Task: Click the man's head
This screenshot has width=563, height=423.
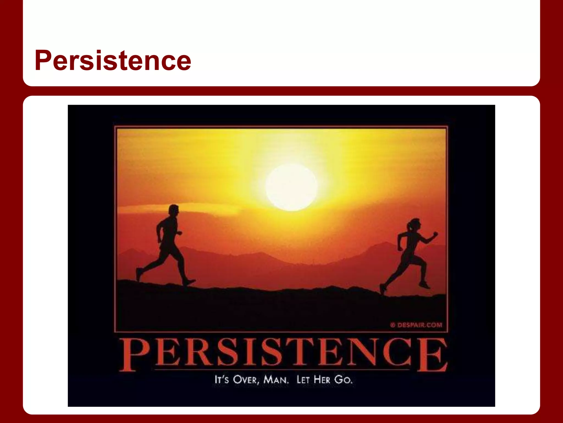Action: [174, 211]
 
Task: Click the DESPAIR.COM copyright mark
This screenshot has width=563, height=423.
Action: [416, 325]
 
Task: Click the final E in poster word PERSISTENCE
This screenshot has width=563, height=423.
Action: [432, 355]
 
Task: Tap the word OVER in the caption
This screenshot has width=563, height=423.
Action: [245, 380]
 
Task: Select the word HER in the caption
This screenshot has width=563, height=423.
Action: [322, 380]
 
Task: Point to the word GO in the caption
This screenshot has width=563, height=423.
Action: [343, 380]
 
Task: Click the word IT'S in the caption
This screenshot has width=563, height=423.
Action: [221, 380]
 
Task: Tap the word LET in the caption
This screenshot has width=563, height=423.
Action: [303, 380]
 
